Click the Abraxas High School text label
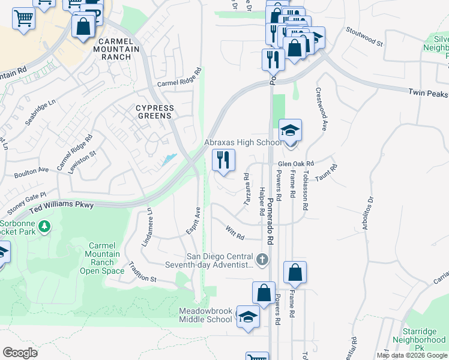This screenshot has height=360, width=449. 243,143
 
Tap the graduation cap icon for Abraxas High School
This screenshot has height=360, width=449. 290,131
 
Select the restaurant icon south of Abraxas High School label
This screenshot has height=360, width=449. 223,160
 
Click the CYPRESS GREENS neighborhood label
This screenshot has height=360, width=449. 154,112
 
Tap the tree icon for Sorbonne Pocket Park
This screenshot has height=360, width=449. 44,227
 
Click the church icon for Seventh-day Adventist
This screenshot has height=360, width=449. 261,260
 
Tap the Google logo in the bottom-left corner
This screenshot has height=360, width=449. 20,353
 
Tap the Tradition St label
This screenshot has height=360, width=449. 141,279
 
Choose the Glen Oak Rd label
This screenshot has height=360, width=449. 296,163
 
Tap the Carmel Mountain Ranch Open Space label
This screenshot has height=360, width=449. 106,257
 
